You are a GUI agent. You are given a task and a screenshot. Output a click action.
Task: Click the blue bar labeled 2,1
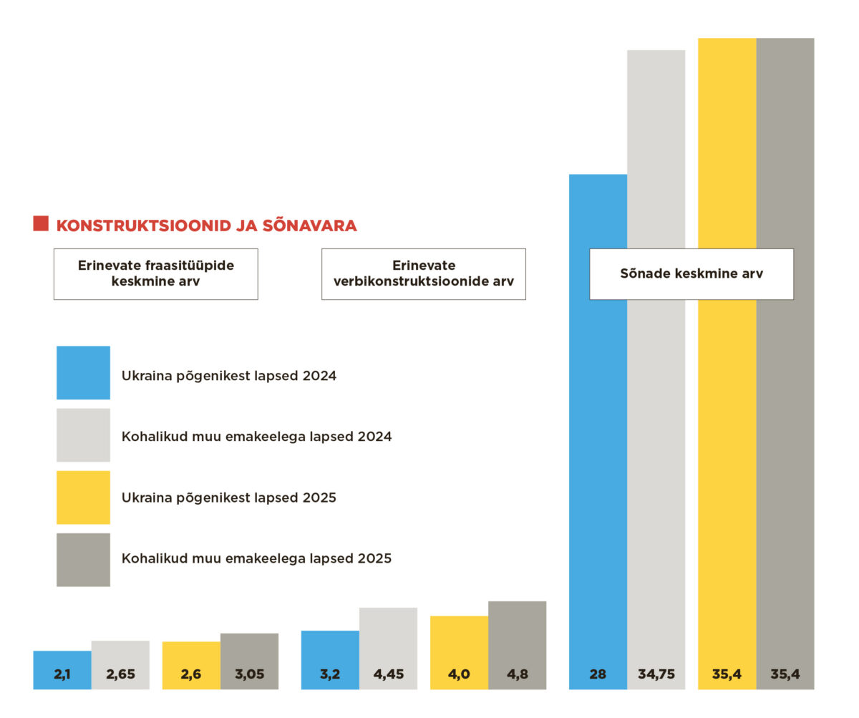(x=62, y=670)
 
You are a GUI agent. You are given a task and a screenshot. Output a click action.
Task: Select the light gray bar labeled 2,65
(x=120, y=665)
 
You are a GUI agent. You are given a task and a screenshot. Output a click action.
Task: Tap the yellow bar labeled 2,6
(x=191, y=666)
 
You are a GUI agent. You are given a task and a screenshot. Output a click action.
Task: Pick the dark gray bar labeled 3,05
(x=249, y=661)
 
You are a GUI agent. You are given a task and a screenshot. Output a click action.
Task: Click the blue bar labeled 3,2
(x=330, y=660)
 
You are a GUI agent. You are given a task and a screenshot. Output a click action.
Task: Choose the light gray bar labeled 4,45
(x=388, y=649)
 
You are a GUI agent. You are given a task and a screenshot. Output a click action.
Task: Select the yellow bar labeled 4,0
(x=459, y=653)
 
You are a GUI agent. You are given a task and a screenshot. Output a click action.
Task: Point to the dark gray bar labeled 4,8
(x=517, y=646)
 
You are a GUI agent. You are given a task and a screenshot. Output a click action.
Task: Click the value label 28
(x=598, y=674)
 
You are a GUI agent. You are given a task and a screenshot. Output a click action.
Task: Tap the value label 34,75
(x=656, y=674)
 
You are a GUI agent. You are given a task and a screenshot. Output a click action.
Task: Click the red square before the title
(x=41, y=223)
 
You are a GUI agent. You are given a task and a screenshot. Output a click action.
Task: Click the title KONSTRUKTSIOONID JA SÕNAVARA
(x=206, y=225)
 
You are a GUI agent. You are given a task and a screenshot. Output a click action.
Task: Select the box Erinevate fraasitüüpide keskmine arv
(x=155, y=273)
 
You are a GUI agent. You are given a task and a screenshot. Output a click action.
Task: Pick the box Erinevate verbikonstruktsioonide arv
(x=423, y=273)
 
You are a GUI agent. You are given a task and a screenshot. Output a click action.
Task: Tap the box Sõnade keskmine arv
(x=691, y=273)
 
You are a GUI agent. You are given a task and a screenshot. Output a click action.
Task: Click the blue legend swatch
(x=83, y=372)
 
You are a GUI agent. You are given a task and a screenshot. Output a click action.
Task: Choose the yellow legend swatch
(x=83, y=497)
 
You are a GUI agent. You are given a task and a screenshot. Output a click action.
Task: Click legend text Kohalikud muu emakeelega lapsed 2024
(x=256, y=436)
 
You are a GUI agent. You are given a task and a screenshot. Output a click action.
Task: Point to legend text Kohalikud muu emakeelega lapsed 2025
(x=256, y=558)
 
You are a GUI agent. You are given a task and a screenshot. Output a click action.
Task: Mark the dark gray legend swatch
(x=83, y=559)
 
